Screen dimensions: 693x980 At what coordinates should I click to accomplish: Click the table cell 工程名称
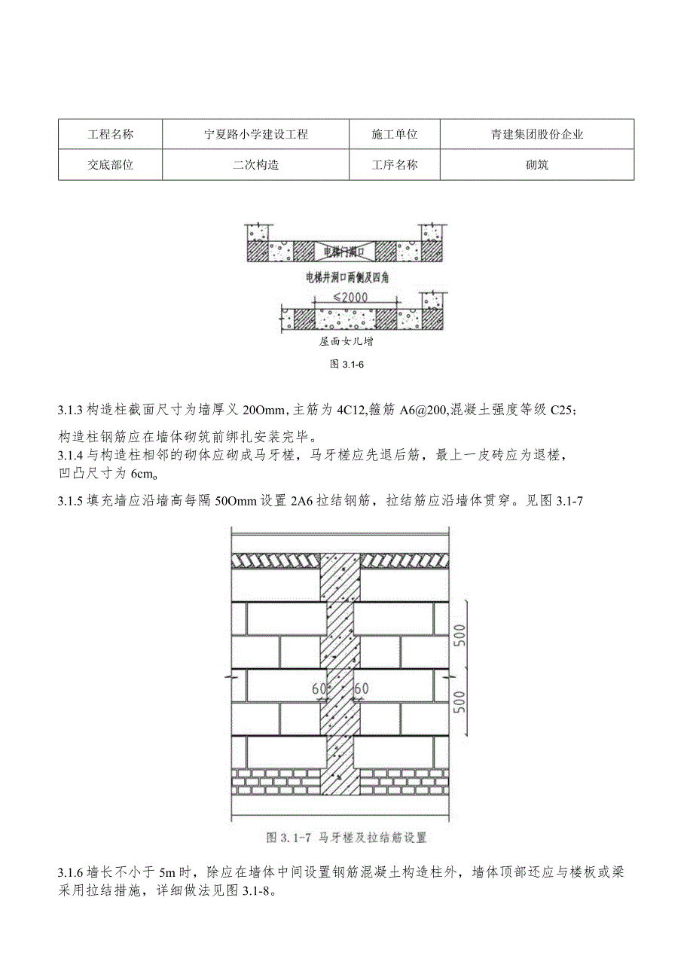tap(110, 135)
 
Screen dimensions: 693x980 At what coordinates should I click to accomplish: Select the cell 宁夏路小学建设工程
tap(256, 135)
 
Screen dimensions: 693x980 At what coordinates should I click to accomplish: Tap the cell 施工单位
tap(395, 135)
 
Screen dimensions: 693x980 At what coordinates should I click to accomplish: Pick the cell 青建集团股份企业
tap(536, 135)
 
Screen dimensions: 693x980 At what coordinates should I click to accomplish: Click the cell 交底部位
tap(110, 165)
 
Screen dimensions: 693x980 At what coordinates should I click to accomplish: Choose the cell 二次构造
tap(256, 165)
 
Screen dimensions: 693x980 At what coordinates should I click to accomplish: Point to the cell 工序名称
tap(395, 165)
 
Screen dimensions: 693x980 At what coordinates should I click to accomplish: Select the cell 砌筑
tap(536, 165)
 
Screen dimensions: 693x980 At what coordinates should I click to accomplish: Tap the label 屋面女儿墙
tap(346, 341)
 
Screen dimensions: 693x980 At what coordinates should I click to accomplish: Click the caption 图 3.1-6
tap(346, 365)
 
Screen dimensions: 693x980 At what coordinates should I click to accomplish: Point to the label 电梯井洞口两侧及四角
tap(346, 277)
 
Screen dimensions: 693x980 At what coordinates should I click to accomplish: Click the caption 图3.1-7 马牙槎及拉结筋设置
tap(347, 837)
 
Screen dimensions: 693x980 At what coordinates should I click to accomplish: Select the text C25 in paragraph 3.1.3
tap(564, 411)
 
